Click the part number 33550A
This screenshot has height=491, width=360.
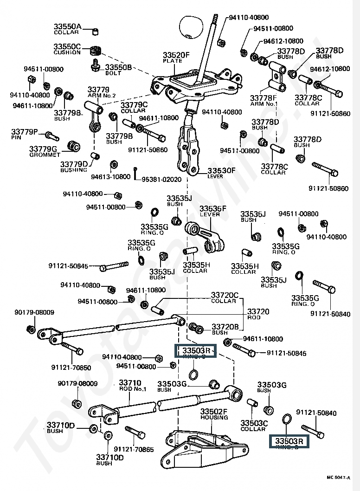click(67, 26)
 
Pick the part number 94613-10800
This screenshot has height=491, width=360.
click(110, 177)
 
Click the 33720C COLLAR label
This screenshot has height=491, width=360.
click(225, 297)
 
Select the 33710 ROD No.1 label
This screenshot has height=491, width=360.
click(130, 385)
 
